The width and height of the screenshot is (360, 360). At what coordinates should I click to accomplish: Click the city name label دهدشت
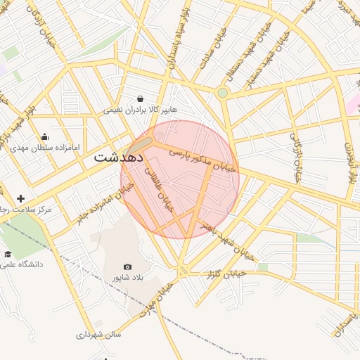pos(117,157)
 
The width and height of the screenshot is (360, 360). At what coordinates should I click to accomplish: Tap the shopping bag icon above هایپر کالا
pos(141,98)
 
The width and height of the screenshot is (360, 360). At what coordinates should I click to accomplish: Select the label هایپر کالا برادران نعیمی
pos(141,110)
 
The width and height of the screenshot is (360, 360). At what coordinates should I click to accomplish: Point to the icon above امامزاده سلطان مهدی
pos(45,137)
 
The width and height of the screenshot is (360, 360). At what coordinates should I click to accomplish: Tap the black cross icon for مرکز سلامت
pos(20,199)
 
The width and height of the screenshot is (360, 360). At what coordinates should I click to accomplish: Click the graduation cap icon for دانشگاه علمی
pos(8,254)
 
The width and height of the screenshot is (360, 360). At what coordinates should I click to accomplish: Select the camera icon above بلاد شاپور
pos(127,266)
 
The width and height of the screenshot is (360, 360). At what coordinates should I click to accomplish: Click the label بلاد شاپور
pos(127,278)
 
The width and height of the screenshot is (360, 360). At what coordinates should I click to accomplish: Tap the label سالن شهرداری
pos(99,335)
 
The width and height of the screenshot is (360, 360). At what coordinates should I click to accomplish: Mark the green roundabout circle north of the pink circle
pos(223,92)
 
